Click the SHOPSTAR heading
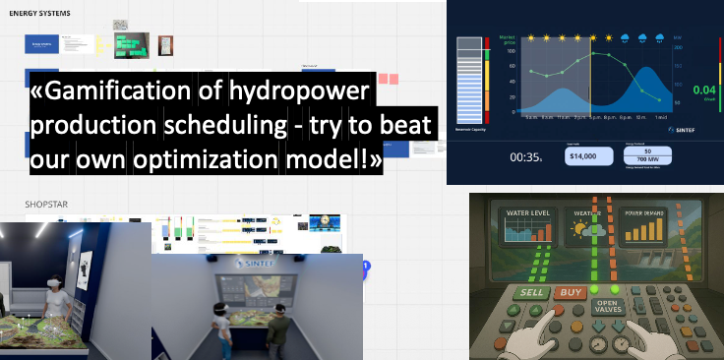coord(46,205)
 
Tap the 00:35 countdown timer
coord(524,156)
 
